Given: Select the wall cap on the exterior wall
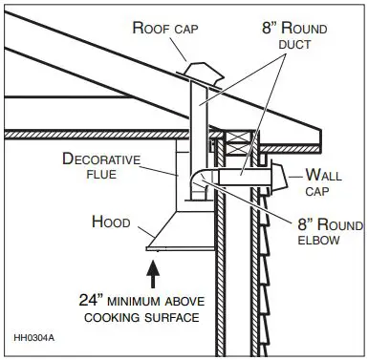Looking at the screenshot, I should click(x=280, y=177).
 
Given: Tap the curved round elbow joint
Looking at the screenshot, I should click(x=200, y=182).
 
